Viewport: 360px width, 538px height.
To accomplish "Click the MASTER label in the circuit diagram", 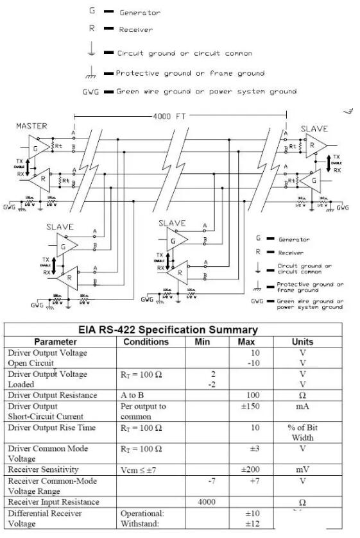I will pyautogui.click(x=31, y=126).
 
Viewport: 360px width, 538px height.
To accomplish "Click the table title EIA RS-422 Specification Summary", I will pyautogui.click(x=167, y=330).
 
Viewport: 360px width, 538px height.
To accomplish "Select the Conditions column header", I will pyautogui.click(x=146, y=342).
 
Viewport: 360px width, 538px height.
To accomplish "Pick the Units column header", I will pyautogui.click(x=302, y=342).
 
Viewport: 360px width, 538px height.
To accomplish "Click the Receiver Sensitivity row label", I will pyautogui.click(x=42, y=470).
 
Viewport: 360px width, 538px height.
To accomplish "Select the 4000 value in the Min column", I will pyautogui.click(x=207, y=501).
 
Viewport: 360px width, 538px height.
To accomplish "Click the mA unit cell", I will pyautogui.click(x=302, y=407).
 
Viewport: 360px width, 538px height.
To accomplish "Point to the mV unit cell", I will pyautogui.click(x=302, y=470).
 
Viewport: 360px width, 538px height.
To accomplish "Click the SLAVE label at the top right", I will pyautogui.click(x=314, y=129).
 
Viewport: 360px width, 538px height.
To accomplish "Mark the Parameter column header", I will pyautogui.click(x=55, y=342).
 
